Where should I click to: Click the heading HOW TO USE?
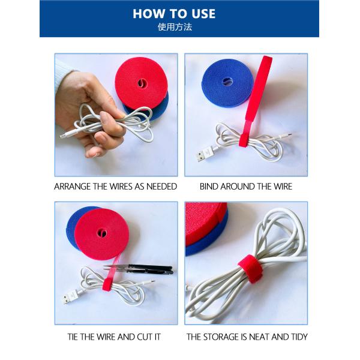point(175,13)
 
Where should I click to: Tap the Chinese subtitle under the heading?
point(175,27)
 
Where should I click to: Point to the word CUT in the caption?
point(145,337)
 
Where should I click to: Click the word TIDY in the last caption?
point(298,337)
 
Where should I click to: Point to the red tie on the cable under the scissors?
point(109,284)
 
